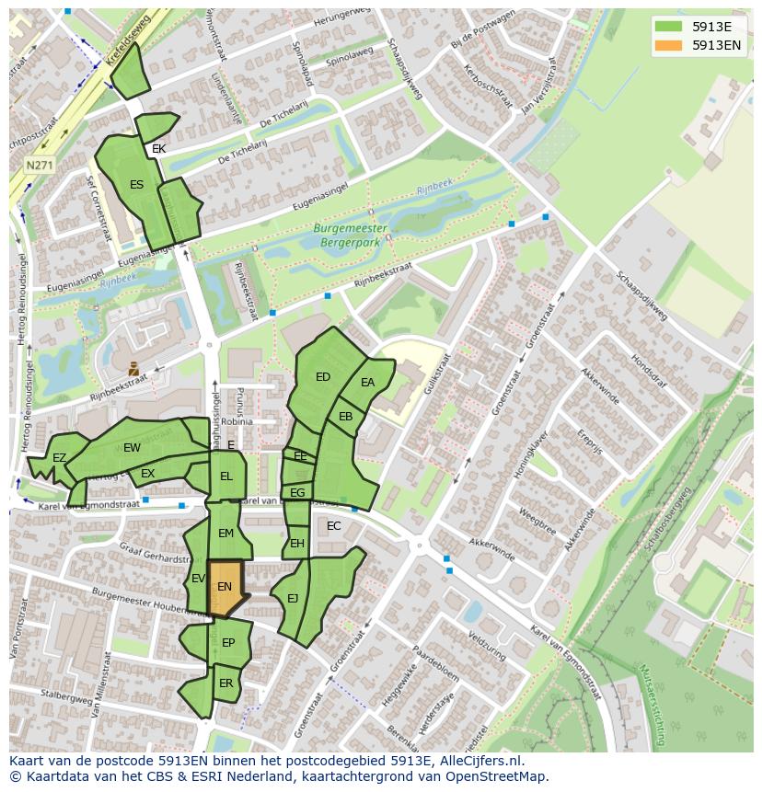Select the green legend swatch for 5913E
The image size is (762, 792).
tap(668, 26)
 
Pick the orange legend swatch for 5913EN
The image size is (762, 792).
tap(668, 44)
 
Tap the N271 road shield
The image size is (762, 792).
tap(39, 166)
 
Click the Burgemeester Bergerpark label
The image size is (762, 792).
tap(350, 235)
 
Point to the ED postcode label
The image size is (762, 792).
tap(323, 377)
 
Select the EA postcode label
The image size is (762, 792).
tap(368, 383)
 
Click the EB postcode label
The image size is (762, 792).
tap(346, 417)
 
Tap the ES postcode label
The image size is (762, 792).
tap(136, 185)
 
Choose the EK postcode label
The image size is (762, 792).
tap(159, 149)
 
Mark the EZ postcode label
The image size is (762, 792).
tap(59, 458)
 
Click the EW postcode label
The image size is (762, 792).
tap(132, 448)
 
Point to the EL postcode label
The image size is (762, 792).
tap(225, 476)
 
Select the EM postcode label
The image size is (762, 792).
tap(225, 534)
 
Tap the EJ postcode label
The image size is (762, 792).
tap(293, 599)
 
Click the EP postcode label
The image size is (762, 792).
tap(228, 643)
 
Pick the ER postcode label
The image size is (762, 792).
tap(226, 683)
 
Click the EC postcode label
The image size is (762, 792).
tap(334, 526)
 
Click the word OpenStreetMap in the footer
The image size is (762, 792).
tap(497, 776)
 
